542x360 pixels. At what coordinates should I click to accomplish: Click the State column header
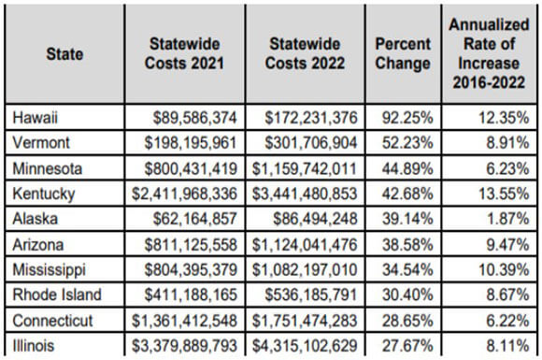point(64,54)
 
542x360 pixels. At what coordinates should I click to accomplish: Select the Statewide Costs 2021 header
point(185,53)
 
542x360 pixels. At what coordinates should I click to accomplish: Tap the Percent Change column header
point(403,53)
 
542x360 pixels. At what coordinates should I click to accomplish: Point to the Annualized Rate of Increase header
point(489,53)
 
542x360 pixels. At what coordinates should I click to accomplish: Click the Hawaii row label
point(35,118)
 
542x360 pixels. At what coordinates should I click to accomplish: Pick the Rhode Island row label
point(57,295)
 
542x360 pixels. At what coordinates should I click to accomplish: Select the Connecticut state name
point(52,321)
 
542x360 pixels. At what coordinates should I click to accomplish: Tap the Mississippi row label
point(50,270)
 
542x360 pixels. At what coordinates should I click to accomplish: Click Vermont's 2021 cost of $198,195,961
point(191,143)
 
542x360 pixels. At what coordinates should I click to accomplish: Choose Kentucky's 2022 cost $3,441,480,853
point(305,194)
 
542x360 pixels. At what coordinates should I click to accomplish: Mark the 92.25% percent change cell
point(407,118)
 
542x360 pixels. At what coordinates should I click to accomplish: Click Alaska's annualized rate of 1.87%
point(507,219)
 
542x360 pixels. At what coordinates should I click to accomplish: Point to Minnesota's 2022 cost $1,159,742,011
point(305,168)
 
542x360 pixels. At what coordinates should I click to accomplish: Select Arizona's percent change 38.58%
point(407,244)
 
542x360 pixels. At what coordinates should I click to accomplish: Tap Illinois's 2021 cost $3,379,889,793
point(185,346)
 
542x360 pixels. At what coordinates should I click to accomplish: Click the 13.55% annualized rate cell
point(504,194)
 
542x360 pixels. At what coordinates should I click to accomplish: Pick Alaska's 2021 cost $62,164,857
point(195,219)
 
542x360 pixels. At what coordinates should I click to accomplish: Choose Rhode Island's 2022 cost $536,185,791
point(311,295)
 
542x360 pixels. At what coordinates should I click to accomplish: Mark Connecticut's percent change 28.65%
point(407,321)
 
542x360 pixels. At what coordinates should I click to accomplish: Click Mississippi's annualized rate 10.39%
point(504,269)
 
